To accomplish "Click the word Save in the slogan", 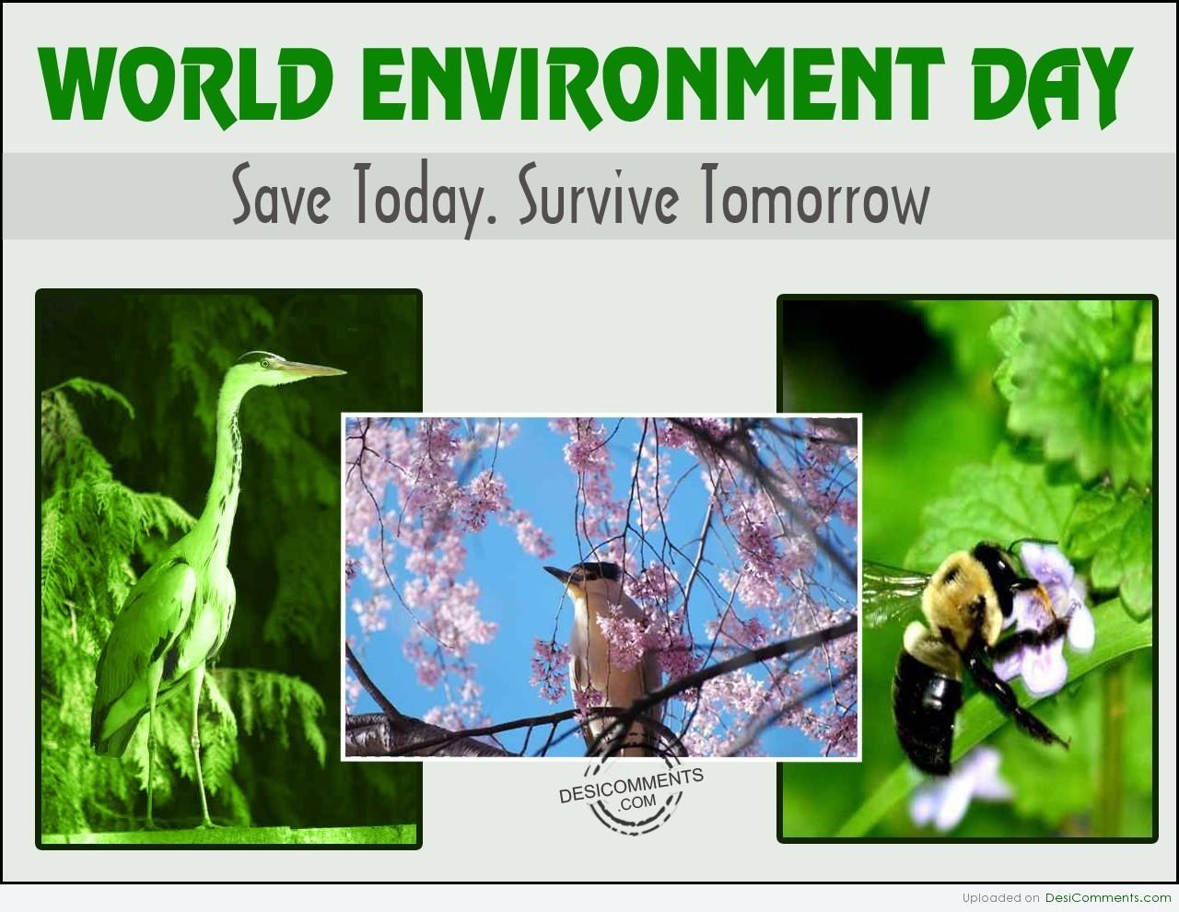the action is (281, 195).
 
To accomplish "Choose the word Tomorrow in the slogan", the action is (815, 195).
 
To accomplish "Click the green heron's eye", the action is (264, 363).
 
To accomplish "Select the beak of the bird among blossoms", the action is (556, 574).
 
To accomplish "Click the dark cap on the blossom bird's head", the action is (597, 569).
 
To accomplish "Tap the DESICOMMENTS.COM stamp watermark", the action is (631, 795).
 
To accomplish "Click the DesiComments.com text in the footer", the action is (1108, 898).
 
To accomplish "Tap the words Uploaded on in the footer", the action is (1001, 898).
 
